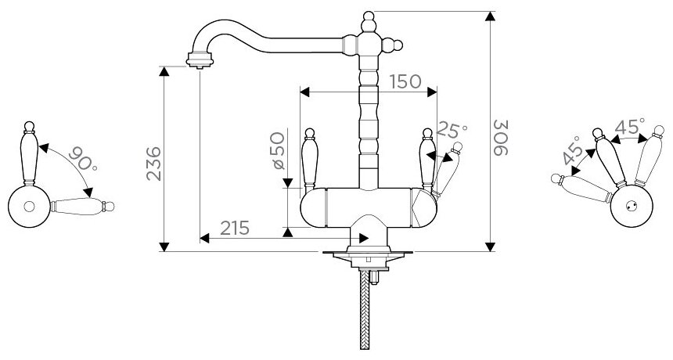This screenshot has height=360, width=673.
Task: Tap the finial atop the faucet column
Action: (369, 17)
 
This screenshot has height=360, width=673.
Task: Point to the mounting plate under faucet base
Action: (365, 254)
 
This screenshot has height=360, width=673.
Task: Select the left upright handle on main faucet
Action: (309, 157)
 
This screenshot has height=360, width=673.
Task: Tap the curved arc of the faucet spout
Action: (235, 29)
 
